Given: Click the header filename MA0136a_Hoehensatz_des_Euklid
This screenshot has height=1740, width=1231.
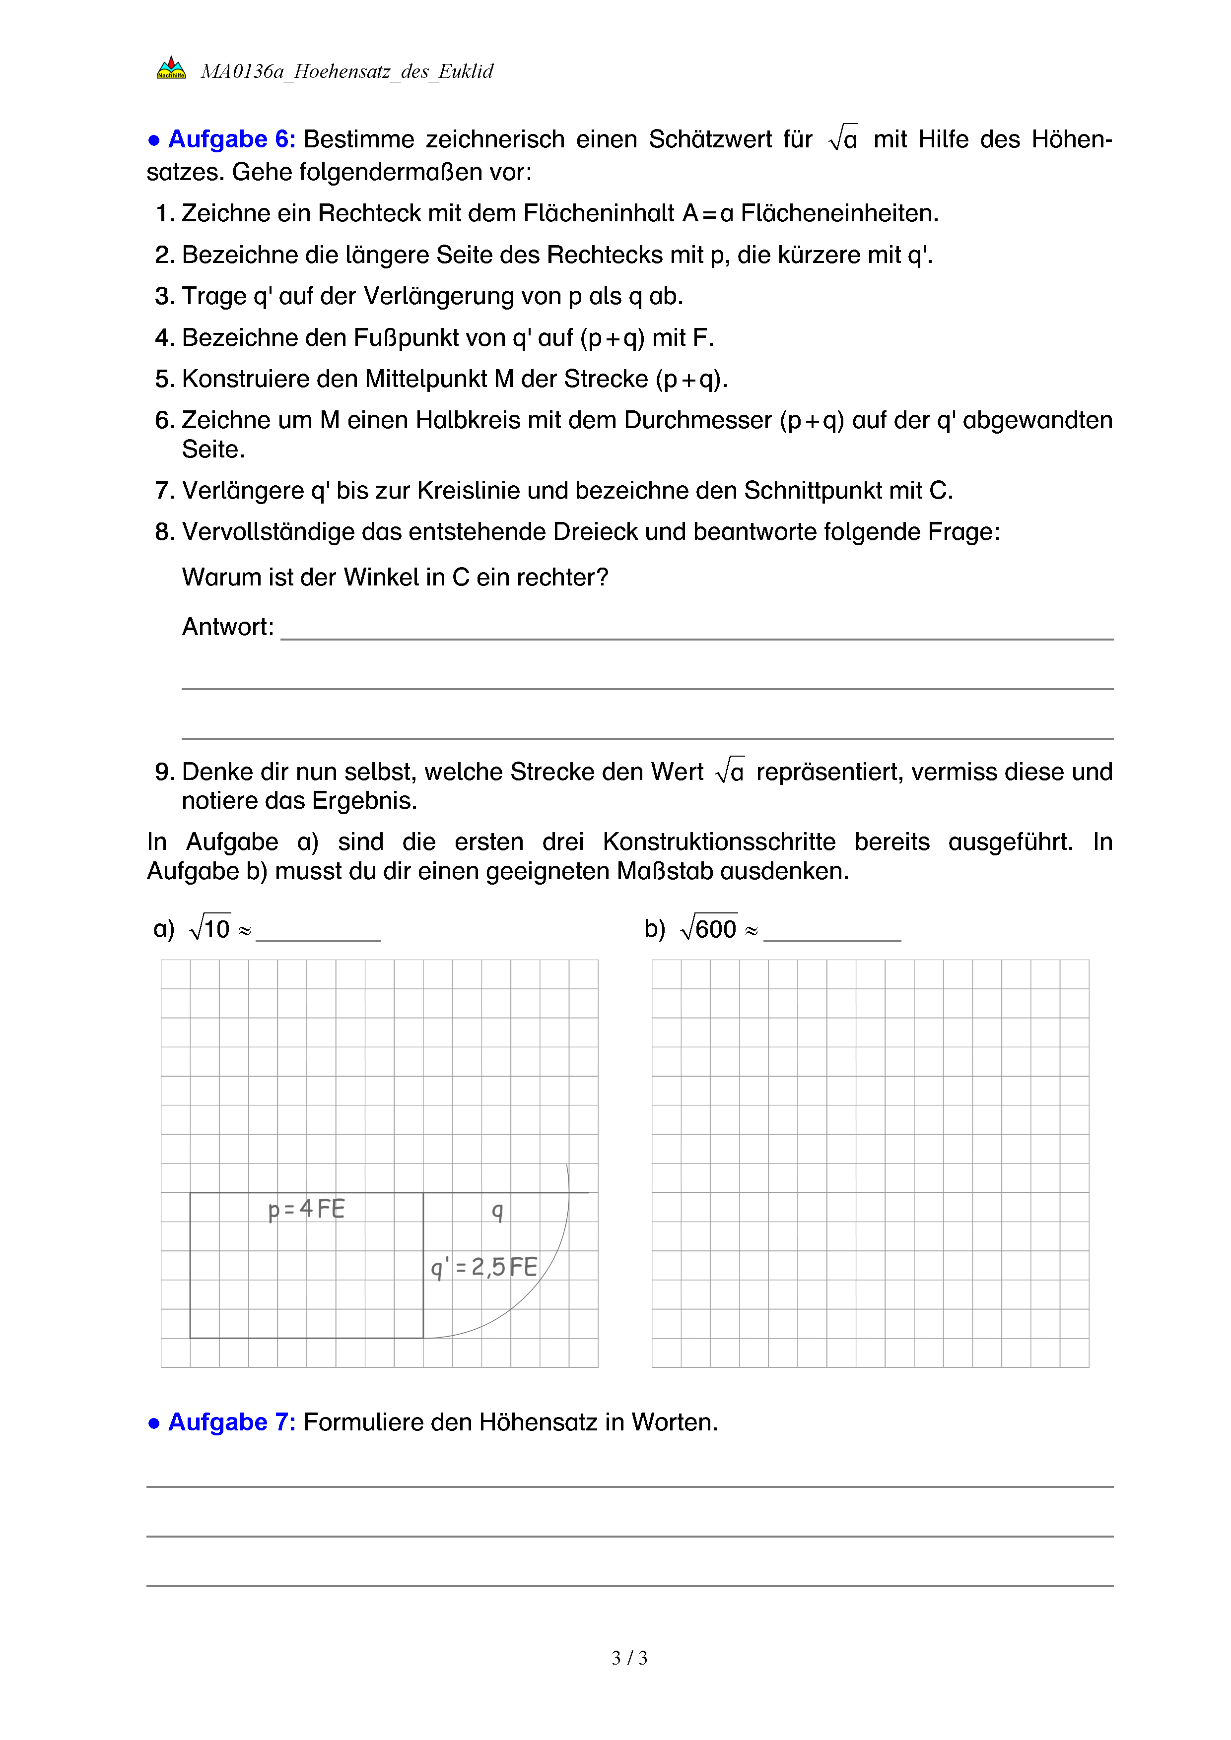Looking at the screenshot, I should (346, 71).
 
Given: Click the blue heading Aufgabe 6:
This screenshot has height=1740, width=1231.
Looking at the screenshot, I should (231, 139).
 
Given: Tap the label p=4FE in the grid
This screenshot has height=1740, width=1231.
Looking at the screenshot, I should (306, 1209).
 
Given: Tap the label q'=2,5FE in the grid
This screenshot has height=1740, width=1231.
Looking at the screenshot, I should (483, 1267).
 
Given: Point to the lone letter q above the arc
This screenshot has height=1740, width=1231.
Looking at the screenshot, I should (497, 1210).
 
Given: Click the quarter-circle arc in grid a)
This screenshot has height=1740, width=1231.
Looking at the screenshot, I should (544, 1278).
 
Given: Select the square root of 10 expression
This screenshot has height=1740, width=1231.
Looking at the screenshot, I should (210, 928).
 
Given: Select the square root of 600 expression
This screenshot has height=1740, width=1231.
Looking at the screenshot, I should (709, 928).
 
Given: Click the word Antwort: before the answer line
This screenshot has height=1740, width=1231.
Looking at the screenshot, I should (227, 627).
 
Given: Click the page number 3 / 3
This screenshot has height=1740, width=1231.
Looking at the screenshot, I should (629, 1658).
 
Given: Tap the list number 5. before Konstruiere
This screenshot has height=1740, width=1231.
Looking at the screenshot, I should (164, 379).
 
